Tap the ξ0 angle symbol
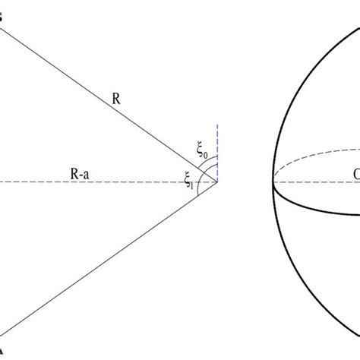coord(203,151)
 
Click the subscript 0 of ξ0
coord(207,154)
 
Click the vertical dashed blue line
coord(217,144)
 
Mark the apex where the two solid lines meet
coord(217,182)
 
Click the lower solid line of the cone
coord(106,258)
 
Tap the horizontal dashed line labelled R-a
coord(137,182)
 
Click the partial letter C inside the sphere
coord(355,174)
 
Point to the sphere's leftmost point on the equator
coord(274,182)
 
